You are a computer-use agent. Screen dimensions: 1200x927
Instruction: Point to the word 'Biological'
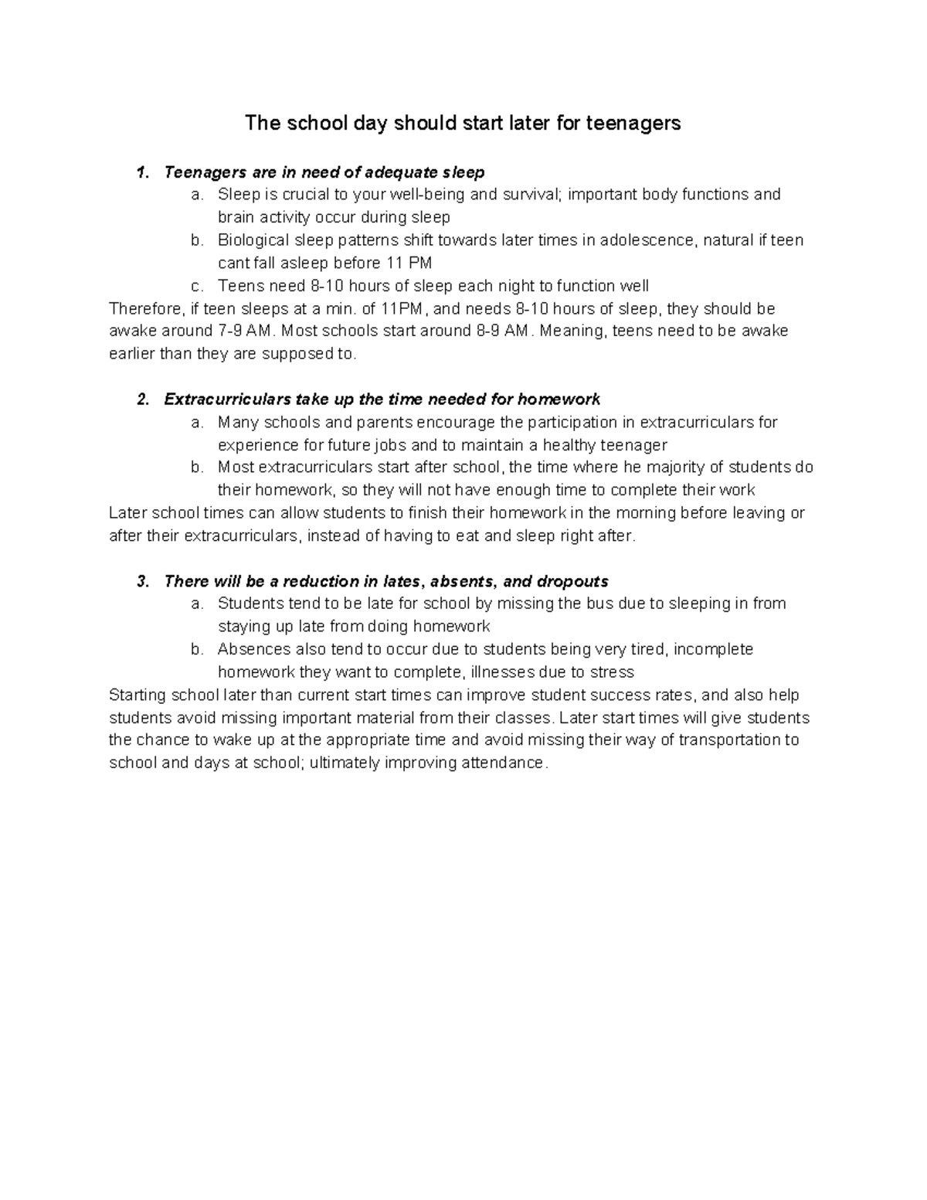coord(253,240)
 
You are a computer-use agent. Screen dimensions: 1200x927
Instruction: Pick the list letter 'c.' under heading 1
coord(196,286)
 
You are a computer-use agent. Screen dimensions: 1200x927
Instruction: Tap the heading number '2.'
coord(142,399)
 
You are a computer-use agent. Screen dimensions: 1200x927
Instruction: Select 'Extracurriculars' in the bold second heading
coord(228,399)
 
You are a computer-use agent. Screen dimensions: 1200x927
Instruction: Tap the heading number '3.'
coord(142,582)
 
